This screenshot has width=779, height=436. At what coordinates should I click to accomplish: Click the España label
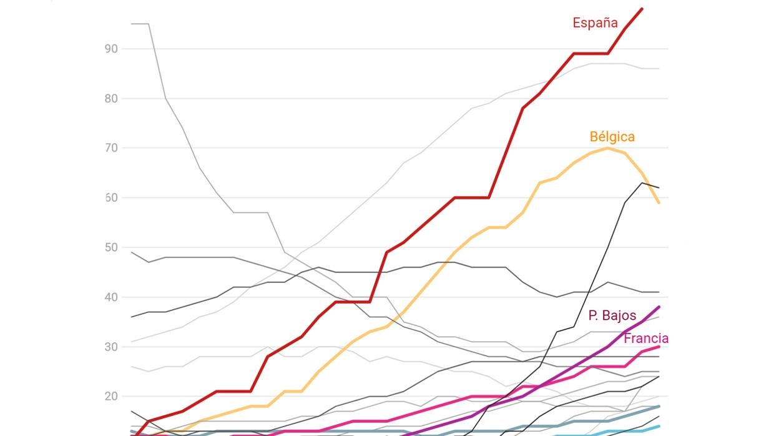point(595,23)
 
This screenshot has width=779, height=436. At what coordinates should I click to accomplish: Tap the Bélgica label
point(612,137)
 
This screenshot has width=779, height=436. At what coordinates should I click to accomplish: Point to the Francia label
point(645,339)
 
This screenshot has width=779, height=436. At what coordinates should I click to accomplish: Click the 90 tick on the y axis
point(111,49)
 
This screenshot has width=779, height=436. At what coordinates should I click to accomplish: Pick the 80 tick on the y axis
point(111,99)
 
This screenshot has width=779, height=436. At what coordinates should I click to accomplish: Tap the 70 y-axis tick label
point(111,148)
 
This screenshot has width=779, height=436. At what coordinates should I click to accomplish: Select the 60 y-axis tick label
point(111,198)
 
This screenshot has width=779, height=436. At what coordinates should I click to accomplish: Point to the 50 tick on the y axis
point(111,247)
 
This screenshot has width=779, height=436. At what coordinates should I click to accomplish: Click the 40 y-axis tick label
point(111,297)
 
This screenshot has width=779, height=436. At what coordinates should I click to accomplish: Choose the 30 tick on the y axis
point(111,347)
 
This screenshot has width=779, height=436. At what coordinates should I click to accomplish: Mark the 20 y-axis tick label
point(111,397)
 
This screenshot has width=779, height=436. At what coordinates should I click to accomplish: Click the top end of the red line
point(642,9)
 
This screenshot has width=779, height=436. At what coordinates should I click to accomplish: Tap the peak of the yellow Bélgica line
point(608,148)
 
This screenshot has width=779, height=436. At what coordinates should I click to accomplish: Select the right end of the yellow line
point(659,202)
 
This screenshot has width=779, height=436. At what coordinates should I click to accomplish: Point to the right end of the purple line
point(659,307)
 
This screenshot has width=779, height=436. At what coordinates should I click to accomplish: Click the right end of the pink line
point(659,347)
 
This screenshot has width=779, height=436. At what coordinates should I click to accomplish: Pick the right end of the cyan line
point(659,426)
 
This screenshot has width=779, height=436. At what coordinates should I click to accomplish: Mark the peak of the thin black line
point(642,182)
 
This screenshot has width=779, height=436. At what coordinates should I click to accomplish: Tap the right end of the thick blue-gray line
point(659,407)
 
